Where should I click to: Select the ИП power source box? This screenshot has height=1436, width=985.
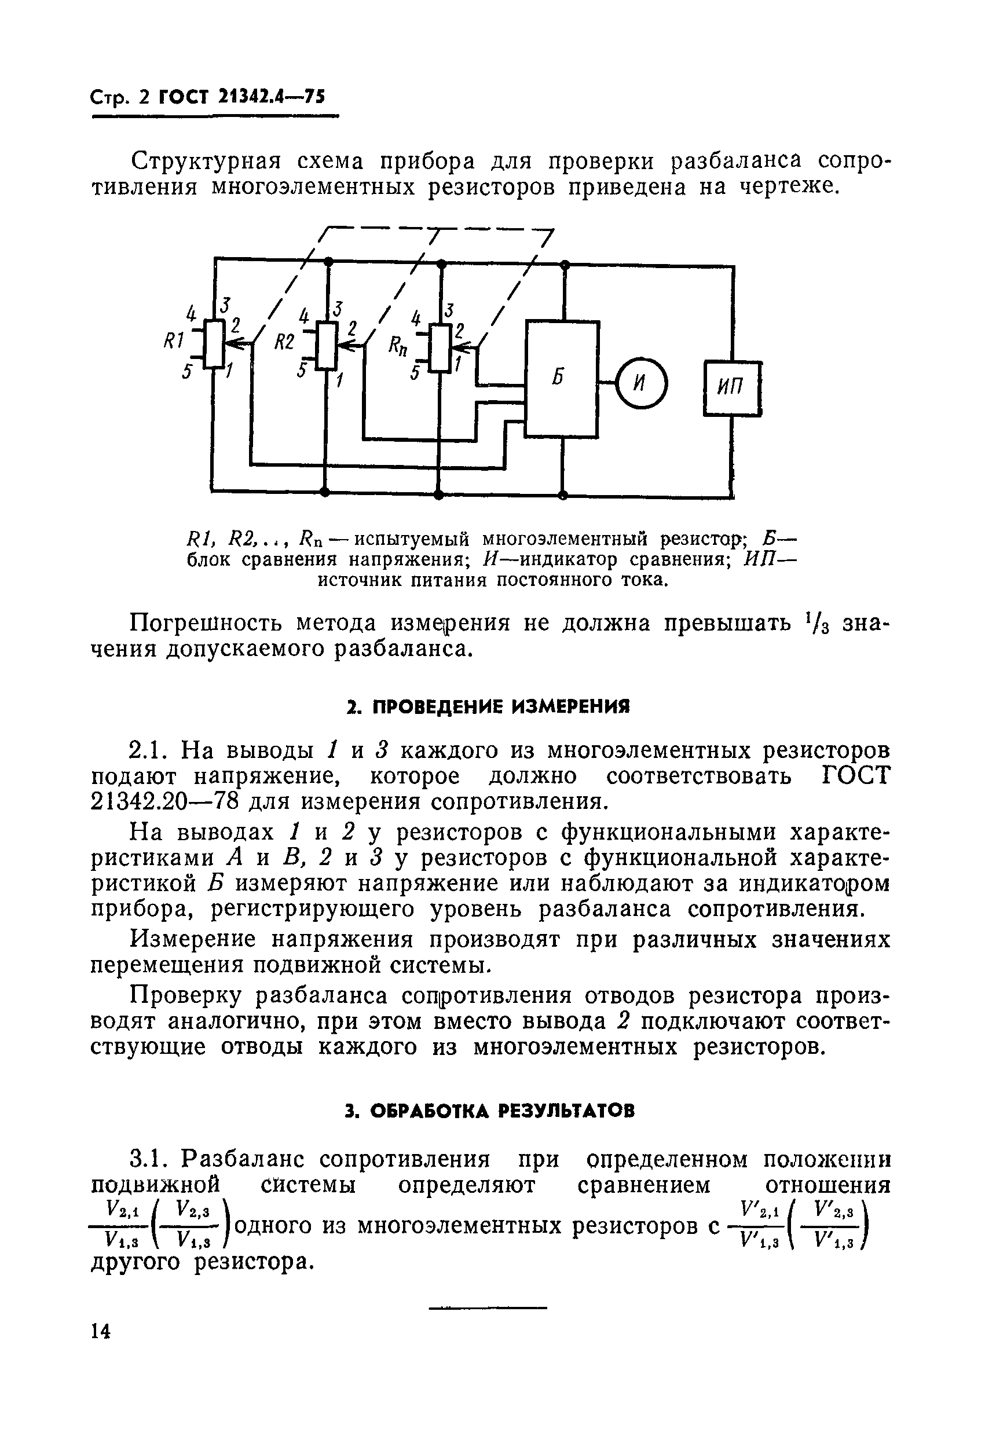[x=733, y=388]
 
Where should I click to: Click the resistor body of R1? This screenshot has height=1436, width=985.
[x=214, y=343]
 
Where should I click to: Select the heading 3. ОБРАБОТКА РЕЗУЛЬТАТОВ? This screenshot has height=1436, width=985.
[x=489, y=1112]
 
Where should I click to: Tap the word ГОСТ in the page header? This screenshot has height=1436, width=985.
[x=182, y=97]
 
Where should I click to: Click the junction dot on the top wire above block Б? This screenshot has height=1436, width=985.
[x=563, y=265]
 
